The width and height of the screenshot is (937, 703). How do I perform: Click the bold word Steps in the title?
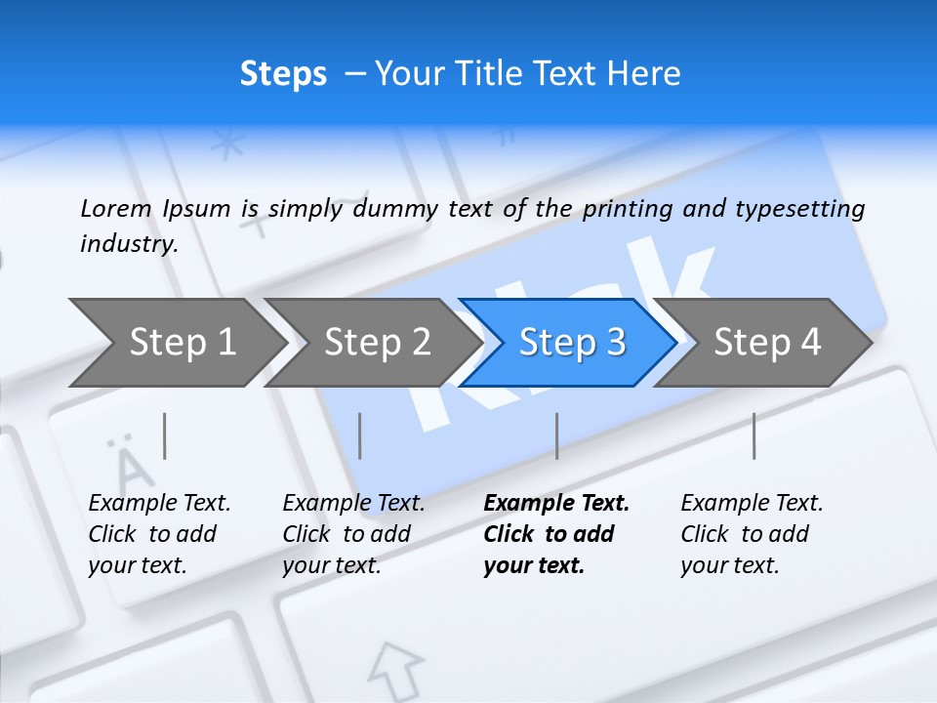(283, 74)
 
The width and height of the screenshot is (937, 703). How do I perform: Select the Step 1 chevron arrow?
(176, 342)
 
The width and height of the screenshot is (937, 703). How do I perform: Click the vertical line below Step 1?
(165, 435)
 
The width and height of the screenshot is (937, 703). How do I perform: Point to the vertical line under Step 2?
(360, 435)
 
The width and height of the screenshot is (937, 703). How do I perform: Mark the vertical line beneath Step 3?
(556, 435)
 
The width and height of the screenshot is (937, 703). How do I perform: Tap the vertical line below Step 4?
(754, 435)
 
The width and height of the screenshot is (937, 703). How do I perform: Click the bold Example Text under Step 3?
(556, 504)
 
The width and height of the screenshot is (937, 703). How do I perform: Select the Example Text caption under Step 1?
(160, 504)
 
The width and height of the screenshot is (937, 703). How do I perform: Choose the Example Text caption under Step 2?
(353, 504)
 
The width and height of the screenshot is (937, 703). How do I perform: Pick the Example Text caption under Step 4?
(752, 504)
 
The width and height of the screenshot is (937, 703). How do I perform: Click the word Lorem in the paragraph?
(116, 208)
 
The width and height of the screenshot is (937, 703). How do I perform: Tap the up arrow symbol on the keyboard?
(395, 668)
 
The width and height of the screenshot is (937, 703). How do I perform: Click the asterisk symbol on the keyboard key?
(228, 145)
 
